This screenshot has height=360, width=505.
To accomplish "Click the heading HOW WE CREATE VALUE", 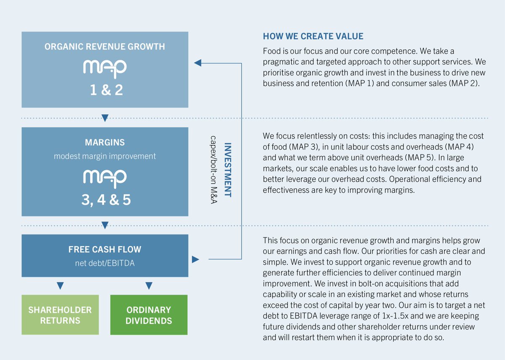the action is [313, 36].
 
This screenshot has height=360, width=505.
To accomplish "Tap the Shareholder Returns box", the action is [60, 315].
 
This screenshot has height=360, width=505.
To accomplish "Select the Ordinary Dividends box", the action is [149, 315].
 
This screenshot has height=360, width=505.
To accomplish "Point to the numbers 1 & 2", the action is [106, 90].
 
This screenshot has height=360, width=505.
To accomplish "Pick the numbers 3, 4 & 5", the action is [106, 200].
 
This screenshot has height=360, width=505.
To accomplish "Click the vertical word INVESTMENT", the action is [228, 170].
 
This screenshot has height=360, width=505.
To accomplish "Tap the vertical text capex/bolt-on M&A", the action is [213, 170].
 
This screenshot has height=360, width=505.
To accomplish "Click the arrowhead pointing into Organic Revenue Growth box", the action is [198, 63].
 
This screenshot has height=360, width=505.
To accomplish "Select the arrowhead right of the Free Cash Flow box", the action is [195, 259].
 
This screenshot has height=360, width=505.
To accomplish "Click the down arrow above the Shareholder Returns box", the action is [60, 286].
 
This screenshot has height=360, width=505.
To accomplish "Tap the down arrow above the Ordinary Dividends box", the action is [149, 286].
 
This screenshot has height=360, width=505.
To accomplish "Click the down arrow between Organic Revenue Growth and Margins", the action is [105, 118].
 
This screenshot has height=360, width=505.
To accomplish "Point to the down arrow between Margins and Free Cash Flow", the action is [105, 225].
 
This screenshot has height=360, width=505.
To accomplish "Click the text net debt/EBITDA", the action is [105, 263].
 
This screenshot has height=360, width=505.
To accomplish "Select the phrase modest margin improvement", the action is [105, 156].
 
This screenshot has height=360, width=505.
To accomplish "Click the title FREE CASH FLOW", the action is [105, 249].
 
